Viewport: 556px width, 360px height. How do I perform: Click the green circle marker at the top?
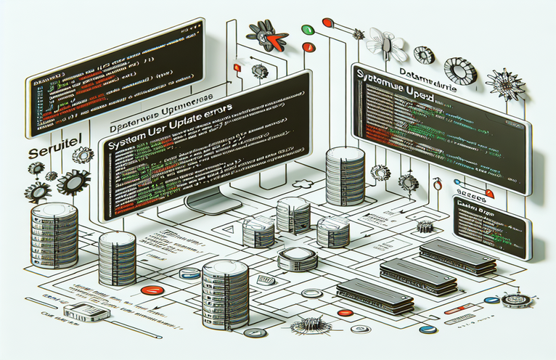tap(306, 30)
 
